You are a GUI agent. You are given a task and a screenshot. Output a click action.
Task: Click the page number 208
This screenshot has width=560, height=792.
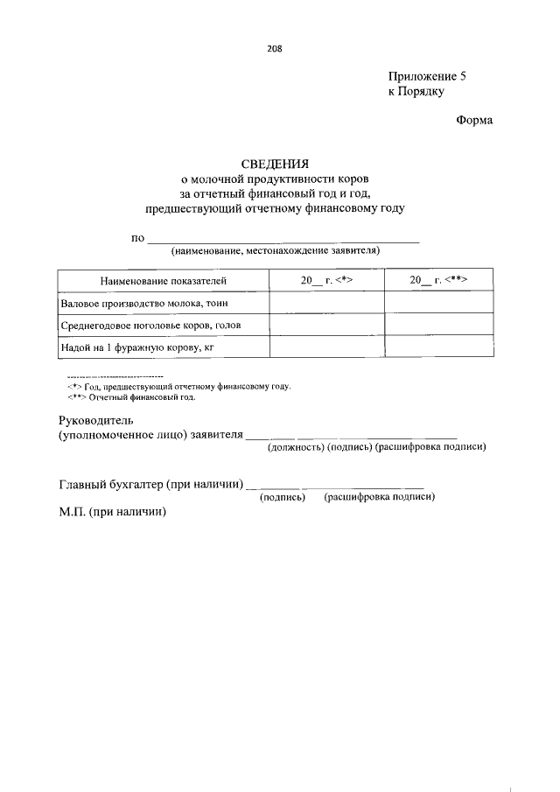(x=275, y=49)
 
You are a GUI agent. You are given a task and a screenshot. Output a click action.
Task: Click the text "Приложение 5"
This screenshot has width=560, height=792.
(x=427, y=76)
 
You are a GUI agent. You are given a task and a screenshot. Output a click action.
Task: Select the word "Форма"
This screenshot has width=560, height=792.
(x=474, y=120)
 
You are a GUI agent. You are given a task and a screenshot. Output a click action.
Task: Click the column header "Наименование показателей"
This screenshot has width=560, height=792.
(x=163, y=280)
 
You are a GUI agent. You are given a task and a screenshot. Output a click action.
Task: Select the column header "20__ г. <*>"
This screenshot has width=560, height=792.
(x=326, y=280)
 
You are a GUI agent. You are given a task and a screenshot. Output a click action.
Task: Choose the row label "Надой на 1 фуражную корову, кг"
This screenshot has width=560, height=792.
(x=137, y=347)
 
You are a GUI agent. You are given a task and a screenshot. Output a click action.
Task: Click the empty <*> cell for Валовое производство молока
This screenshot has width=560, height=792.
(x=326, y=303)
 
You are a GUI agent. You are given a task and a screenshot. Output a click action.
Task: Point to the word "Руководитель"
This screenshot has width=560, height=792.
(x=96, y=420)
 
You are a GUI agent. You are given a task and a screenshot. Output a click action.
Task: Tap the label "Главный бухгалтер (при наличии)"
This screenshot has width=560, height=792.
(x=150, y=480)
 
